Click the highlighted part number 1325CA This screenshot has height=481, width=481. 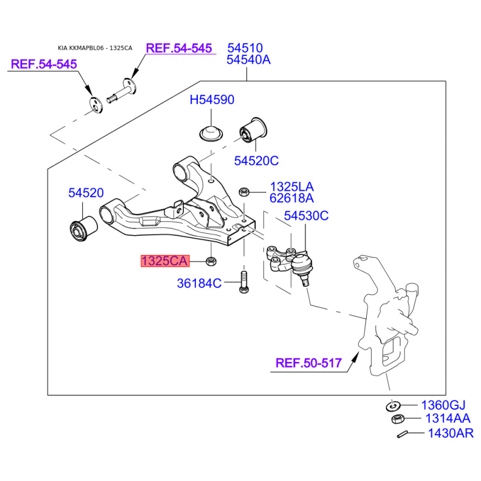click(165, 261)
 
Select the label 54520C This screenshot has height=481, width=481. click(256, 161)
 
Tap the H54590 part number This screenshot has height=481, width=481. click(212, 100)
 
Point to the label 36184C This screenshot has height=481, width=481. click(199, 283)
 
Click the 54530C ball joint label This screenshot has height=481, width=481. click(306, 216)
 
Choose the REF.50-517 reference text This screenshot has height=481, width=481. click(308, 363)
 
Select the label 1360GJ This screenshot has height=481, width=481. click(443, 405)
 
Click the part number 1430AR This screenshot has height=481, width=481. click(450, 433)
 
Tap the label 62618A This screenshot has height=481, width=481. click(292, 198)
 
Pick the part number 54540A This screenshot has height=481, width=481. click(248, 60)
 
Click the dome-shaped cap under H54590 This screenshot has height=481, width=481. click(211, 133)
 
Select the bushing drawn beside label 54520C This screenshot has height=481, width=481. click(253, 130)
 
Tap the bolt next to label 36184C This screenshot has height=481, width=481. click(244, 281)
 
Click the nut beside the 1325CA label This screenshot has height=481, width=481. click(211, 261)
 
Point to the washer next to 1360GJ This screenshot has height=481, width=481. click(393, 406)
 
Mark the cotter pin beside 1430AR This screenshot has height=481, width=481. click(402, 434)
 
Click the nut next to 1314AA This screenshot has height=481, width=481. click(398, 418)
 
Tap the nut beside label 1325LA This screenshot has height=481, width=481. click(244, 192)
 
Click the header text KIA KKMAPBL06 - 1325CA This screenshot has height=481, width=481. click(95, 48)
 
